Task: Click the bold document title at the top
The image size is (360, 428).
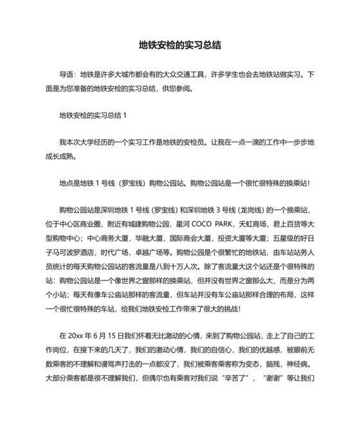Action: click(180, 46)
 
